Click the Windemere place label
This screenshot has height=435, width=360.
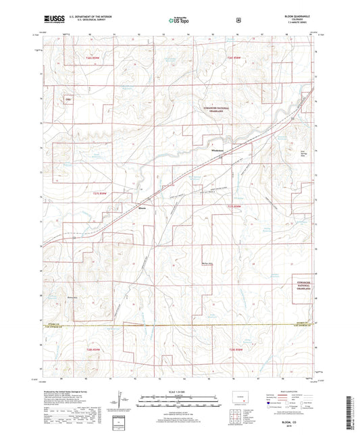click(217, 150)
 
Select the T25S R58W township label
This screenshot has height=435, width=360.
click(234, 61)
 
